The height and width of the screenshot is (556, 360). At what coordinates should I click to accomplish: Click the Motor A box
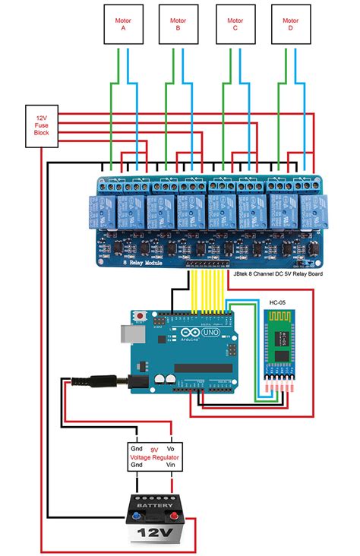click(x=122, y=24)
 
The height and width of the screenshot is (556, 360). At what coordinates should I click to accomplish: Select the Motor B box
click(x=178, y=24)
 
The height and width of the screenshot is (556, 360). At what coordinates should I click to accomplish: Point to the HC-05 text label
click(x=278, y=292)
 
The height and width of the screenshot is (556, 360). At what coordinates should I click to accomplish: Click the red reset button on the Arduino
click(x=140, y=315)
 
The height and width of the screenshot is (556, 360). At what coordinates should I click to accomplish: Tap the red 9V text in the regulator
click(x=153, y=450)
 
